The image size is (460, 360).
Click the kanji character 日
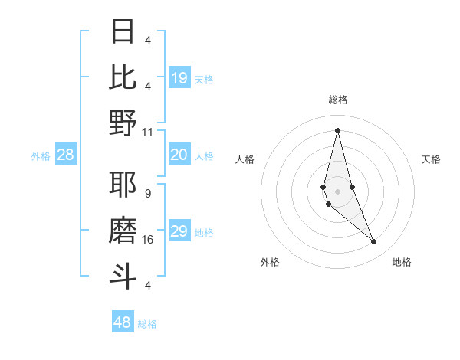click(123, 31)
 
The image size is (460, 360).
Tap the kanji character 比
click(123, 77)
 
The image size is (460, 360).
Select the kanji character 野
click(123, 123)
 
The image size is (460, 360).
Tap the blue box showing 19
click(179, 78)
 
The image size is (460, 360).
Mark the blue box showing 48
click(123, 322)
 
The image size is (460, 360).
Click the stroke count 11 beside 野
click(148, 132)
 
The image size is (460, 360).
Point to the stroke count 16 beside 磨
click(148, 240)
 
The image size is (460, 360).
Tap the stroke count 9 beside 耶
click(148, 194)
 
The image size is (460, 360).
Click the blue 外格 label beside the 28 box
click(41, 156)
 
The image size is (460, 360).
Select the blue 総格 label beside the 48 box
click(147, 324)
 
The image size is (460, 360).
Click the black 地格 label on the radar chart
click(402, 262)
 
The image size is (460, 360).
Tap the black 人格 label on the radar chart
click(245, 159)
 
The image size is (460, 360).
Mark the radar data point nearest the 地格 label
click(374, 242)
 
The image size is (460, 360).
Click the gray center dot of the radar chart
click(337, 191)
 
